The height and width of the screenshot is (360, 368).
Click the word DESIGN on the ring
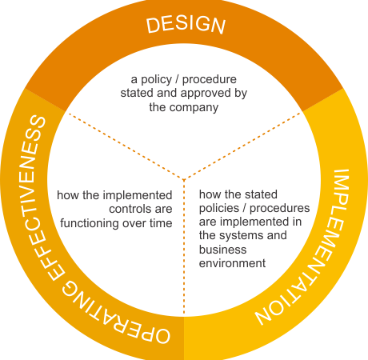(x=186, y=25)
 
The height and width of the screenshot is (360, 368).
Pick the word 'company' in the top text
(x=194, y=108)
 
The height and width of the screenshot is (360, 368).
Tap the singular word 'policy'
(x=156, y=80)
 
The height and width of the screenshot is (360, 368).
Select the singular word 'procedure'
(x=210, y=80)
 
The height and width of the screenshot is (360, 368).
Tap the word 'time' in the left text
(x=161, y=223)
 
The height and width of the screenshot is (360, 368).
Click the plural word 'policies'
(x=219, y=208)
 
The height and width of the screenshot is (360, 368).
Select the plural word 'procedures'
(x=279, y=208)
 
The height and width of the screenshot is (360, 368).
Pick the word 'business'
(x=222, y=250)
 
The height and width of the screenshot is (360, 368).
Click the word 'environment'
(x=232, y=263)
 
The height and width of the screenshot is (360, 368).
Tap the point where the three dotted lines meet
(x=184, y=179)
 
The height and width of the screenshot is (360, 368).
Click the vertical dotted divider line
(x=184, y=246)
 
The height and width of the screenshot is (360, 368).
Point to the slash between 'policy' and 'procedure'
(x=177, y=79)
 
